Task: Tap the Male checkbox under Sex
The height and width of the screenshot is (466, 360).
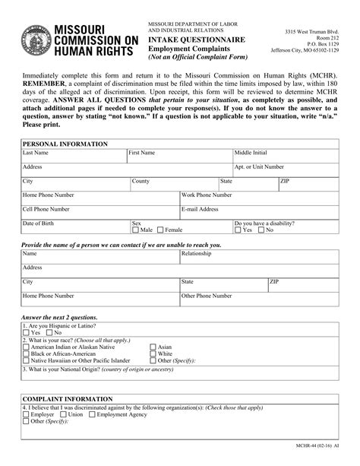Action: [x=136, y=230]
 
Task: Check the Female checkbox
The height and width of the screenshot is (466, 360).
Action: [x=160, y=230]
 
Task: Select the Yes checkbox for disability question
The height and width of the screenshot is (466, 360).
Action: [x=238, y=230]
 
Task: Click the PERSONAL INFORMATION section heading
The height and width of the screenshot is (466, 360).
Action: [x=65, y=144]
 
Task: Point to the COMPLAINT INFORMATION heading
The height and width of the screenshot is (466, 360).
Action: [x=66, y=398]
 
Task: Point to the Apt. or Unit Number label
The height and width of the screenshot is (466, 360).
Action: [x=259, y=166]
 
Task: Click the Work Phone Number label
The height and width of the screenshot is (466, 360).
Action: [x=207, y=195]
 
